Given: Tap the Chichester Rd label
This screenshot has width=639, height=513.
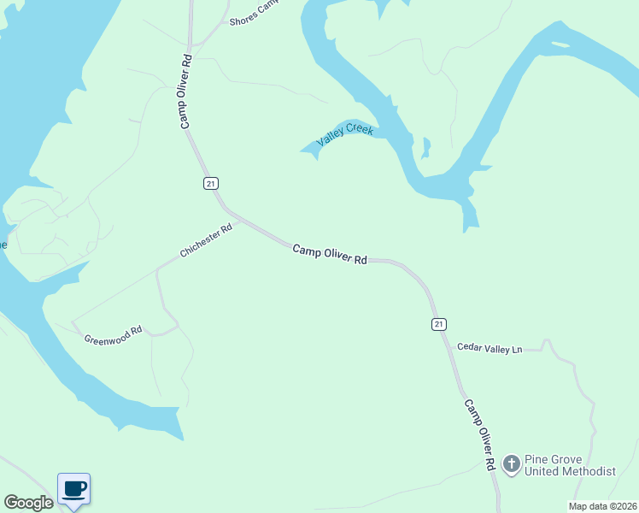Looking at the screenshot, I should tap(206, 241).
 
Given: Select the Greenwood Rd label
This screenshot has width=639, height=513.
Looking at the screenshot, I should tap(112, 333).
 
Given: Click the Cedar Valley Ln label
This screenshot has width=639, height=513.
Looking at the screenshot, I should tap(489, 348).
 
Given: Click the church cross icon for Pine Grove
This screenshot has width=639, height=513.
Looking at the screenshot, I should tap(511, 464).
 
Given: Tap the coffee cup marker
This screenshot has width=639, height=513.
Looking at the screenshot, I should tap(74, 489).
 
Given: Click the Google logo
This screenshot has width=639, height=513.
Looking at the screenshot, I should tap(28, 503).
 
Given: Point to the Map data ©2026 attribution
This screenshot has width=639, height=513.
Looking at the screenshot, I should tap(603, 506).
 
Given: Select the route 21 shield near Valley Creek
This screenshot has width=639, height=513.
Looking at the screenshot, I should tap(210, 183).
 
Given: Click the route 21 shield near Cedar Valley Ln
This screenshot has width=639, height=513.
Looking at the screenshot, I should tap(438, 323).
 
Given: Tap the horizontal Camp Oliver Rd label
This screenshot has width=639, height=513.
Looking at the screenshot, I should tap(330, 254).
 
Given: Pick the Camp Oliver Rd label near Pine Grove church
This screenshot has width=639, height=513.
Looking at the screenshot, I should tap(479, 433).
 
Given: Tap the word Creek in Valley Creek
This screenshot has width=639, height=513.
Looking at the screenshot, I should tap(360, 129).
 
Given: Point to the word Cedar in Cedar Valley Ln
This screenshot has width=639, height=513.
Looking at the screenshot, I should tap(469, 347).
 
